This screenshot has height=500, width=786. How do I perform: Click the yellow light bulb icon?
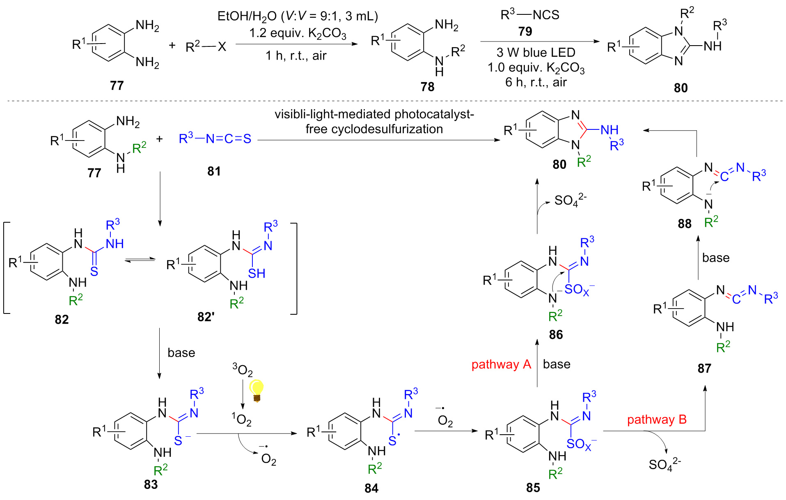pos(257,389)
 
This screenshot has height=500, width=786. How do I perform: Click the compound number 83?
pos(151,484)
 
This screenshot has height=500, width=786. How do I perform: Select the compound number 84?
pos(371,488)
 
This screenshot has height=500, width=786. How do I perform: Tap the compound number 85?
pos(533,488)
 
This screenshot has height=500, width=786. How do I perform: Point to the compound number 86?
pos(556,335)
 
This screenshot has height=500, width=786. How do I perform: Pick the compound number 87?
pos(704,368)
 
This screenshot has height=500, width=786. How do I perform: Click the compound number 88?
pos(684,224)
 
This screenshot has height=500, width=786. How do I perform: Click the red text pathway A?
pos(501,364)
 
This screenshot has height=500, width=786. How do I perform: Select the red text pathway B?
pos(657,419)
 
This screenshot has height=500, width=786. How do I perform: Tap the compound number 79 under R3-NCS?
pos(525,32)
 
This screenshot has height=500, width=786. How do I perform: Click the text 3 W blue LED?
pos(536,53)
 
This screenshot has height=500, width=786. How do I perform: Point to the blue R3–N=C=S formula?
pos(215,139)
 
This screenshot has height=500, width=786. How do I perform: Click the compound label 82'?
pos(206,317)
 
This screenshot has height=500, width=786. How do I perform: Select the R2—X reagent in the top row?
pos(206,47)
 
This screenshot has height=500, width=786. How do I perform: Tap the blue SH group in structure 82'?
pos(257,274)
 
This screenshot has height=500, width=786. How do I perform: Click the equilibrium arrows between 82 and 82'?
pos(140,260)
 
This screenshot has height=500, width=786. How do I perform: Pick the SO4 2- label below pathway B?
pos(665,465)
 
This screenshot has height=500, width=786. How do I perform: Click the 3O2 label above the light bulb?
pos(243,370)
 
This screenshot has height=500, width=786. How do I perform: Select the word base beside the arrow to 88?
pos(716,258)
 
